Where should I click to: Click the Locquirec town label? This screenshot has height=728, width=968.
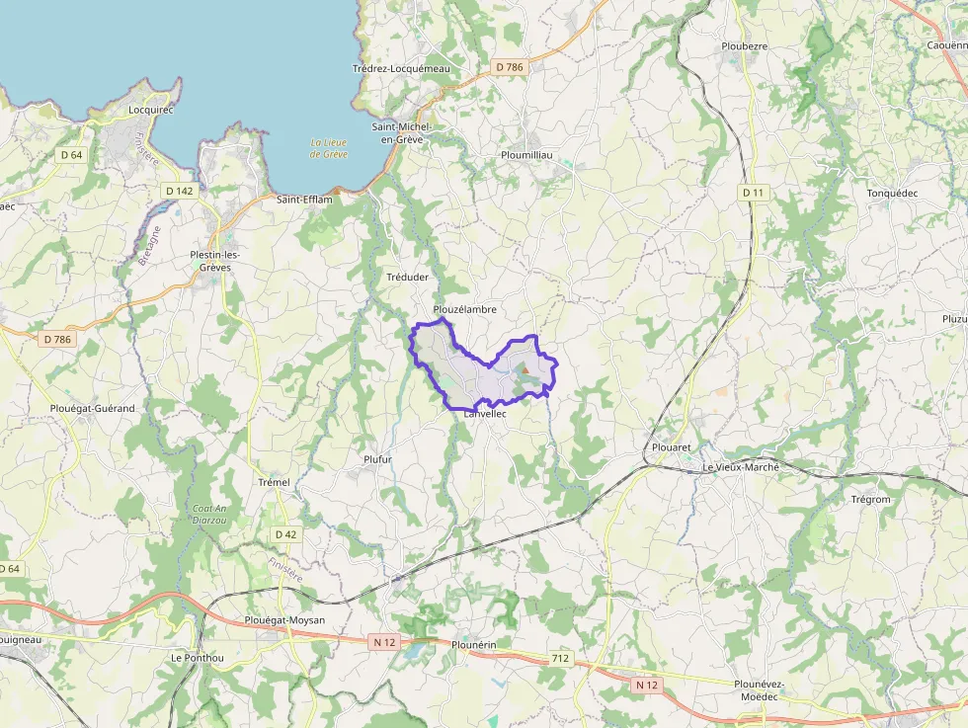click(151, 110)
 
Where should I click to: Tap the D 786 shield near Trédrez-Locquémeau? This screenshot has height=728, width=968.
click(510, 67)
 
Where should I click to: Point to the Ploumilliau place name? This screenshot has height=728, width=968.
click(526, 155)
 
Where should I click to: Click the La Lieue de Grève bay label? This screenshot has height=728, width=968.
click(328, 148)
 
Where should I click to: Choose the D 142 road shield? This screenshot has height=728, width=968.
click(179, 191)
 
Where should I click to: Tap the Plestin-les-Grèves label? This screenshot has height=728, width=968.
click(215, 261)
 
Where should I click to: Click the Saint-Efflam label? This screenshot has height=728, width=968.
click(304, 200)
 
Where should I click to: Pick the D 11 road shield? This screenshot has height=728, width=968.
click(754, 193)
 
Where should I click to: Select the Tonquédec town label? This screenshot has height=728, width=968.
click(892, 193)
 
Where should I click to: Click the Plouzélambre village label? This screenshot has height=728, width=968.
click(464, 309)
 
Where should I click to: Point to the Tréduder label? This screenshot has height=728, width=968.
click(407, 278)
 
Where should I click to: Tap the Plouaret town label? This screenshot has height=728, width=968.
click(672, 447)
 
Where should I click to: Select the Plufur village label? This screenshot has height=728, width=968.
click(378, 459)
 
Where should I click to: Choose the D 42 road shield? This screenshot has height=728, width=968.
click(285, 534)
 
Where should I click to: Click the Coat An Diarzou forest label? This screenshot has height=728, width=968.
click(210, 514)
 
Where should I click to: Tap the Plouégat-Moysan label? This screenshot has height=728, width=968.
click(284, 620)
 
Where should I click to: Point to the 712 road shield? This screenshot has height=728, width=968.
click(561, 658)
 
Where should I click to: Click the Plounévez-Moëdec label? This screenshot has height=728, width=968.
click(760, 689)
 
